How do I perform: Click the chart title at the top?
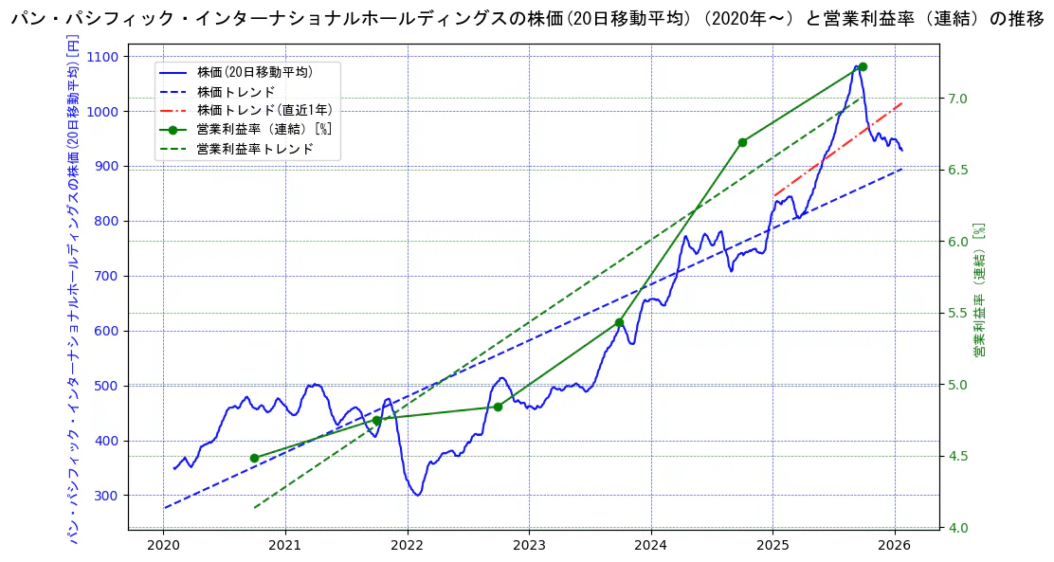pyautogui.click(x=527, y=19)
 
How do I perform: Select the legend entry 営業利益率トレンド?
pyautogui.click(x=254, y=149)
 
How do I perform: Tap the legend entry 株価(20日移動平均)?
pyautogui.click(x=254, y=72)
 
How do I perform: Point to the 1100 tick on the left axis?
pyautogui.click(x=103, y=57)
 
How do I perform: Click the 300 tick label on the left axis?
pyautogui.click(x=107, y=496)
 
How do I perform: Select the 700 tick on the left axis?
pyautogui.click(x=107, y=277)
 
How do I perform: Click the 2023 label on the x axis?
pyautogui.click(x=529, y=545)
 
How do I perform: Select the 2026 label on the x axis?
pyautogui.click(x=895, y=545)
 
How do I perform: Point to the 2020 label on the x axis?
pyautogui.click(x=163, y=545)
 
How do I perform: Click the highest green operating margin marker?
pyautogui.click(x=863, y=67)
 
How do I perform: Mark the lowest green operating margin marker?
pyautogui.click(x=254, y=458)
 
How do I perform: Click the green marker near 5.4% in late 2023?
pyautogui.click(x=619, y=322)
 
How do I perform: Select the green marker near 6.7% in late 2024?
pyautogui.click(x=742, y=142)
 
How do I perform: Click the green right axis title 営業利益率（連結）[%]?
pyautogui.click(x=980, y=290)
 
